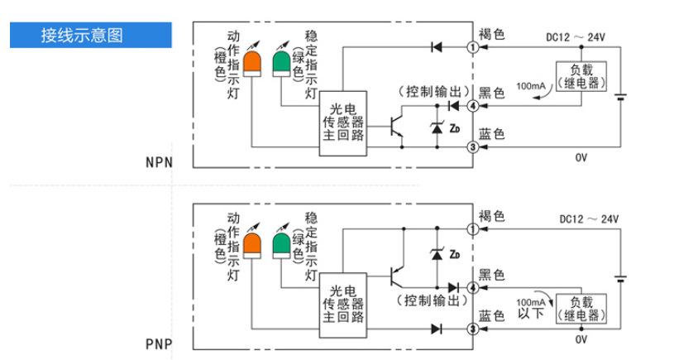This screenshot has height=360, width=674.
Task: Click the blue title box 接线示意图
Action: click(x=89, y=36)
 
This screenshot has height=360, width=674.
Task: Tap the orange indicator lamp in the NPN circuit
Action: click(x=249, y=62)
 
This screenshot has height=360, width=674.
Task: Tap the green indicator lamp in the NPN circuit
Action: click(x=281, y=62)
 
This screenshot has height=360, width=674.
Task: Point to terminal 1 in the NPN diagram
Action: click(x=473, y=47)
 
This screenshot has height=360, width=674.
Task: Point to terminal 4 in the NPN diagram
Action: click(x=473, y=106)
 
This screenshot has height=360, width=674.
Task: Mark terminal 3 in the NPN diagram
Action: click(x=473, y=147)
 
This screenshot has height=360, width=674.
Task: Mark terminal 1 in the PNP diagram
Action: click(x=473, y=229)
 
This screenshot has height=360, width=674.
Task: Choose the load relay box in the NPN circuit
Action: click(x=581, y=77)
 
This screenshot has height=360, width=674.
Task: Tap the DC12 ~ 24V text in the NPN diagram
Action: click(x=576, y=36)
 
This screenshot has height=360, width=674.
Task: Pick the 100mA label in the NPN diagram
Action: click(x=530, y=86)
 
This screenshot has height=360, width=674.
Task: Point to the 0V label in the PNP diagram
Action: click(x=580, y=340)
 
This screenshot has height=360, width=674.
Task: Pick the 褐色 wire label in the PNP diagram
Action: click(x=491, y=216)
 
